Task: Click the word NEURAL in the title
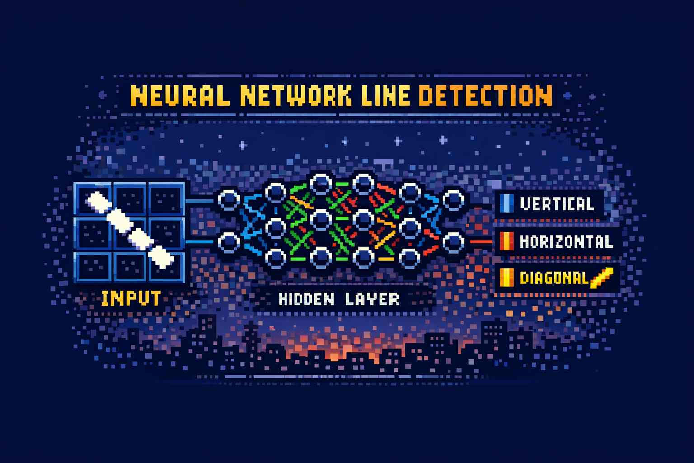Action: click(180, 95)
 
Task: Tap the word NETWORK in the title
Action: click(296, 95)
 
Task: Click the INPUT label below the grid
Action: click(131, 298)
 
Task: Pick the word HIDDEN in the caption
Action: click(306, 299)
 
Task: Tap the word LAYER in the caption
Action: click(372, 299)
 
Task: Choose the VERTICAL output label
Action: click(557, 204)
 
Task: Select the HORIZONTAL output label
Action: click(566, 241)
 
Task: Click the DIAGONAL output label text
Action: click(554, 278)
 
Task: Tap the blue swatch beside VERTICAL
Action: click(506, 203)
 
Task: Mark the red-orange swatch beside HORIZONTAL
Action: click(506, 241)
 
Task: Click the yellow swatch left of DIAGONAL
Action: click(506, 277)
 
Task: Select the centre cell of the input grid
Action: click(130, 233)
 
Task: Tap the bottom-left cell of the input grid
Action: click(93, 267)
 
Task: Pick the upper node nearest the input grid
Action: click(229, 200)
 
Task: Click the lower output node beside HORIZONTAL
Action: click(453, 242)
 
